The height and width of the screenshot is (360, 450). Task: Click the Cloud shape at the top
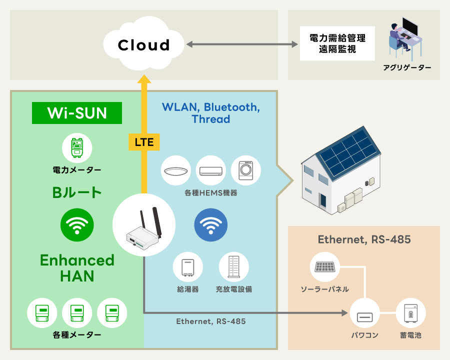coord(143,45)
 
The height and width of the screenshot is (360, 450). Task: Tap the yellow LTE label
coord(144,142)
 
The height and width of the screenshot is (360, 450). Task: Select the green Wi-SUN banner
coord(77,113)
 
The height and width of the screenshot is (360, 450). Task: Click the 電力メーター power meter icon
coord(77,149)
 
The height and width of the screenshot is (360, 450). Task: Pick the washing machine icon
coord(245,170)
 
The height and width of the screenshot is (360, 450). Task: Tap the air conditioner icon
coord(211,170)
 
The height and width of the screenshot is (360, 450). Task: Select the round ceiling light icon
coord(176,170)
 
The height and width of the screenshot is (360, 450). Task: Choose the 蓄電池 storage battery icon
coord(411,314)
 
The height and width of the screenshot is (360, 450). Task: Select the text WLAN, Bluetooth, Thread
coord(210,113)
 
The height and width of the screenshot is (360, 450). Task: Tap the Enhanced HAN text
coord(77,267)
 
